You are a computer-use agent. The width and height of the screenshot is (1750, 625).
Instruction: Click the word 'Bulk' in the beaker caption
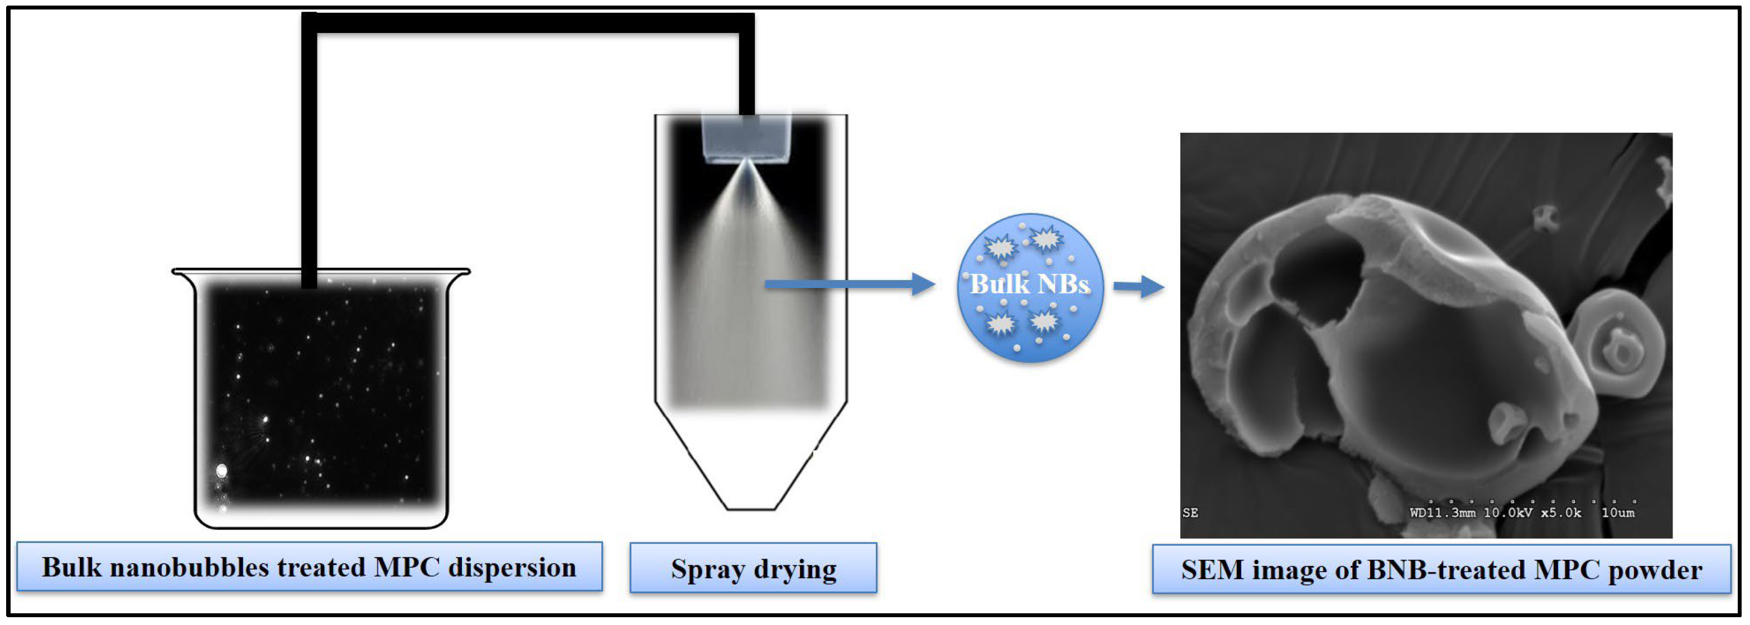pos(71,568)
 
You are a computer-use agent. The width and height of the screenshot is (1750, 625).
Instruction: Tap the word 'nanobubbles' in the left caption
pos(190,568)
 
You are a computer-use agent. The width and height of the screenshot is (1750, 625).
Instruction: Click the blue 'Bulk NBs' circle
pos(1030,287)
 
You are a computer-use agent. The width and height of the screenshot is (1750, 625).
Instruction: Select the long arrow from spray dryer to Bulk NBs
pos(849,284)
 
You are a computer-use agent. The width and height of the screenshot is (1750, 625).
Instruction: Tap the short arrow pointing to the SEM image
pos(1139,286)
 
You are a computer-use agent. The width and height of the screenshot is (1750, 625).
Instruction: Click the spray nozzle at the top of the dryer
pos(746,140)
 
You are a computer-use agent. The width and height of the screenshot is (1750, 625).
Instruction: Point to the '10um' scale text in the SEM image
pos(1618,513)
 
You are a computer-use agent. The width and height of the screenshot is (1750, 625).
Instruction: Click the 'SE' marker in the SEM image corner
pos(1190,513)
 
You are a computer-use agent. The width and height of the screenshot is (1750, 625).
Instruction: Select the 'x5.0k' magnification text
pos(1560,513)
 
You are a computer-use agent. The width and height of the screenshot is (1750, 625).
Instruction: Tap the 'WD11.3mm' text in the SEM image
pos(1442,513)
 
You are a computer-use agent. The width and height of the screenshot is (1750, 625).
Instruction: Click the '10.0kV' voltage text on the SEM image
pos(1507,513)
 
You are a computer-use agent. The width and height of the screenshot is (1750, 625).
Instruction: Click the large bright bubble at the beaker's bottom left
pos(221,470)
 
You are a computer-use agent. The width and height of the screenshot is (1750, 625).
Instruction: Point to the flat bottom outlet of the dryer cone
pos(751,508)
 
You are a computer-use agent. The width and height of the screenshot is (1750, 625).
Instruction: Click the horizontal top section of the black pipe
pos(528,22)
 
